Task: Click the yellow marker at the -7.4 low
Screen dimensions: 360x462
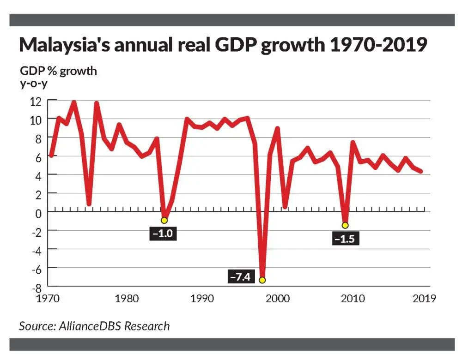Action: click(x=262, y=280)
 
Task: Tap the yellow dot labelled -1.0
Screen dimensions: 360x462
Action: click(x=164, y=220)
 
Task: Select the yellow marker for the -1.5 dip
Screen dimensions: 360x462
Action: click(x=345, y=225)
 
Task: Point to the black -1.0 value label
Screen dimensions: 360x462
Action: click(x=164, y=233)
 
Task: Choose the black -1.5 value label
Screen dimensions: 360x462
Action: click(x=345, y=239)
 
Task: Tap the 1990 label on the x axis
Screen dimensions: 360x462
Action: click(x=202, y=298)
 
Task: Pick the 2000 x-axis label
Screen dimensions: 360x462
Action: click(x=278, y=298)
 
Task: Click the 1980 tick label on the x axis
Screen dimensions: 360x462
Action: click(x=126, y=298)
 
